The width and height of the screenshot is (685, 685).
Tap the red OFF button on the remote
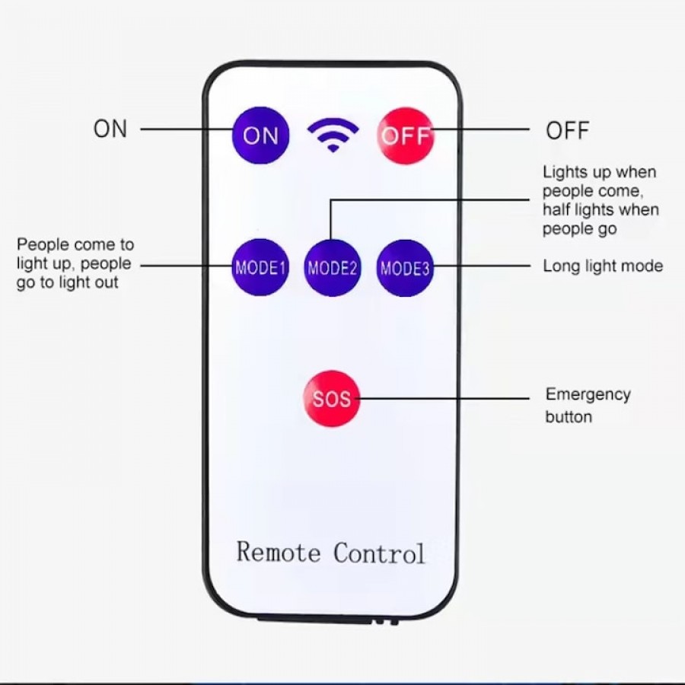(x=406, y=135)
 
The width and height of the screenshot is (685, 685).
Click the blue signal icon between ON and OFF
(x=333, y=135)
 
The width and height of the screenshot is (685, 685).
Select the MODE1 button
(x=260, y=267)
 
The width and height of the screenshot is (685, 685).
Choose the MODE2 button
(x=333, y=267)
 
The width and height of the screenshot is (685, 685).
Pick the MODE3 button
(x=405, y=267)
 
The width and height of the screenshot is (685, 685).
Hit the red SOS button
(x=332, y=398)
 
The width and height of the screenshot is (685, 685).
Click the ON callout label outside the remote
(x=110, y=129)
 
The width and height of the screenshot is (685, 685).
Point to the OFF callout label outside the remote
(x=568, y=130)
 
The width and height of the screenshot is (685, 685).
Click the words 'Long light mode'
(x=602, y=266)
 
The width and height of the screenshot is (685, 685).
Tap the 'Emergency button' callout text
(x=588, y=405)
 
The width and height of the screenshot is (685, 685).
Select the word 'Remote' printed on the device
(x=279, y=552)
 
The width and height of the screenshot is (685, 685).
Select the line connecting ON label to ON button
(x=186, y=129)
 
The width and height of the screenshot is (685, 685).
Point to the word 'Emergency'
(x=588, y=394)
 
